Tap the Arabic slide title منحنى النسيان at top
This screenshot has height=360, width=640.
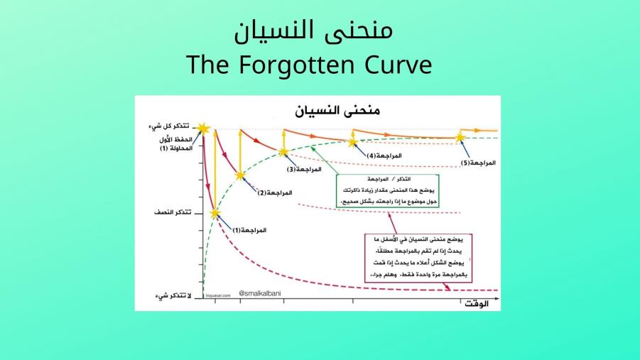click(313, 31)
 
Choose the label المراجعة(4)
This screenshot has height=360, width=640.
click(384, 155)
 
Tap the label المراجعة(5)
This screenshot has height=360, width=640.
click(478, 163)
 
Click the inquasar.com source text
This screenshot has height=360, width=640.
click(218, 296)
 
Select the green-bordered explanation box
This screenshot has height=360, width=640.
click(388, 191)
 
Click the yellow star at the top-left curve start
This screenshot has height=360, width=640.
click(204, 129)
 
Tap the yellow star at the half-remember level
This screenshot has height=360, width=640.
click(215, 212)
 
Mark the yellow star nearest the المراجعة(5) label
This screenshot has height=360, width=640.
click(460, 137)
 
